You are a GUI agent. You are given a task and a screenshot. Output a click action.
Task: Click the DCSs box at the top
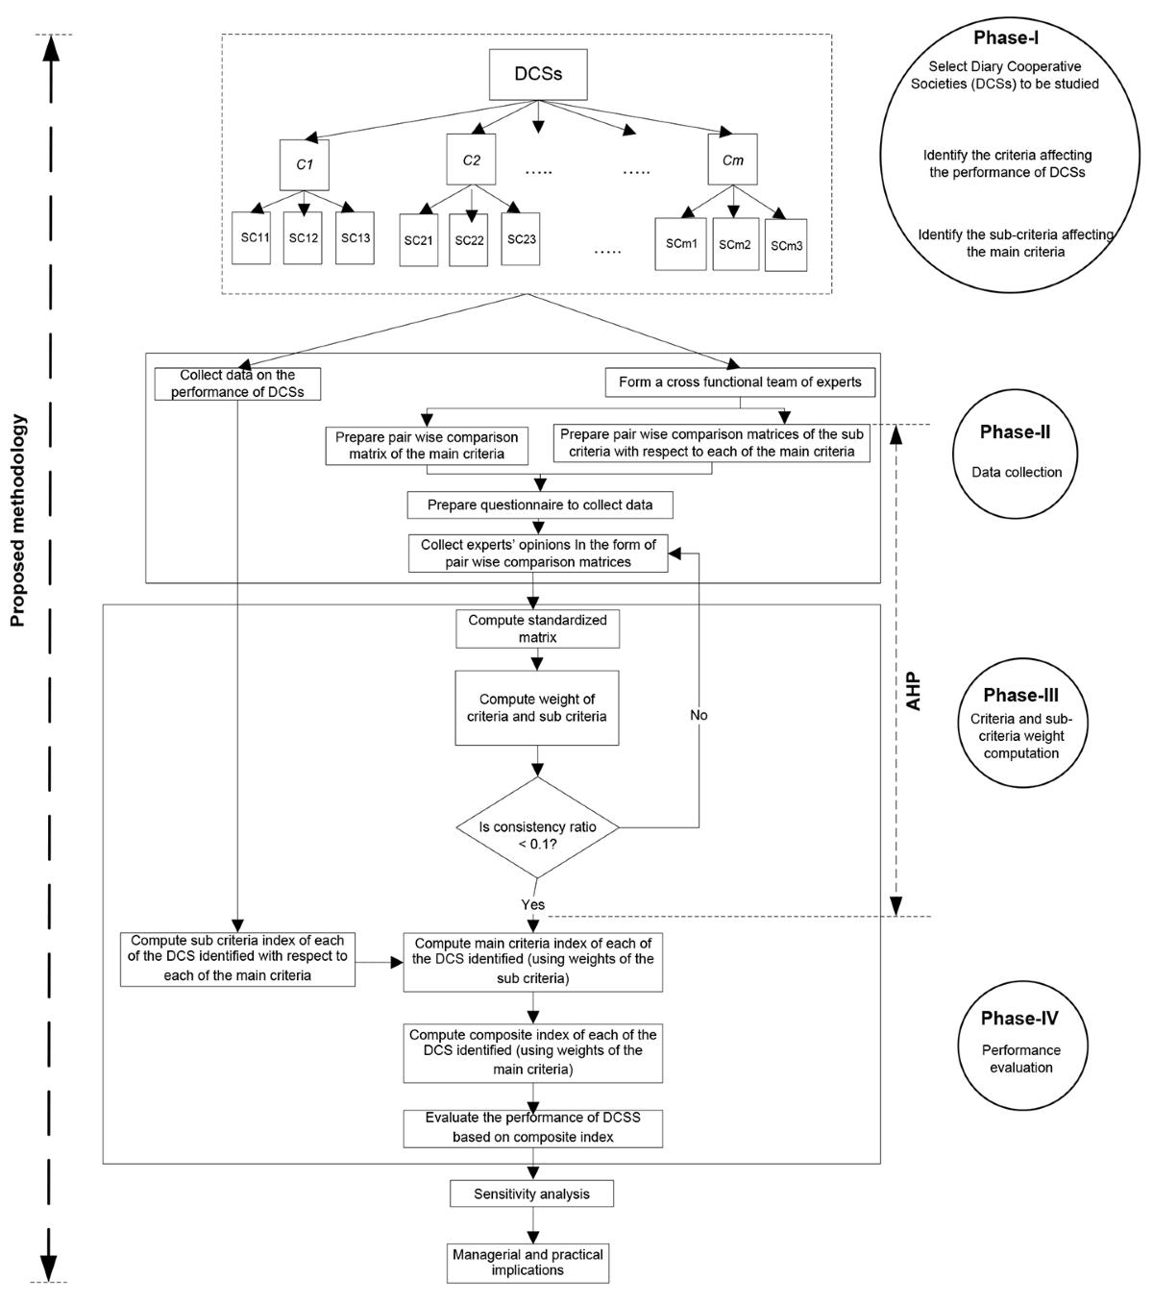coord(538,74)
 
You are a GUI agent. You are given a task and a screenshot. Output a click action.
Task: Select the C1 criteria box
coord(305,164)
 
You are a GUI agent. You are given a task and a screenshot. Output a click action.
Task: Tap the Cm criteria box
coord(732,160)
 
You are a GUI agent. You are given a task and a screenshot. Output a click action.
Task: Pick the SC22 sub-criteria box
coord(470,240)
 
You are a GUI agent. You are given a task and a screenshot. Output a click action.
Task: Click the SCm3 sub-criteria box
coord(786,245)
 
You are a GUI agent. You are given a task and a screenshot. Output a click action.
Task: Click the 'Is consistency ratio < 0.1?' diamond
coord(537,827)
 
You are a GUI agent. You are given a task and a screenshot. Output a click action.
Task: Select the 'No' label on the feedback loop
coord(699,715)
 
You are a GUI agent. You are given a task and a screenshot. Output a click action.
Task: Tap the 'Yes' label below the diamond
coord(532,904)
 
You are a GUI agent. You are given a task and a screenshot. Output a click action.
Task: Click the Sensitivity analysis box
coord(531,1193)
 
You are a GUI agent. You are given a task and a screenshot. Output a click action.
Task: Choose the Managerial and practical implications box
coord(527,1262)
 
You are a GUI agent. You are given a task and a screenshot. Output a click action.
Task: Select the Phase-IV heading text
coord(1019,1019)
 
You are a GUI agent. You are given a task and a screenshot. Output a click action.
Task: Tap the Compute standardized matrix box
coord(537,628)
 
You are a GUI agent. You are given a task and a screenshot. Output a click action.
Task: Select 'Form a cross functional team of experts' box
coord(740,382)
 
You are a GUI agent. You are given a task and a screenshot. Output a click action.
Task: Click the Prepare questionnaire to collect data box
coord(539,504)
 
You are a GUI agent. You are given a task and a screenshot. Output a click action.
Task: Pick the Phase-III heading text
coord(1021,695)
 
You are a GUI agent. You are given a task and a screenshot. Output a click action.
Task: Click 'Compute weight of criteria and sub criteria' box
coord(537,708)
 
